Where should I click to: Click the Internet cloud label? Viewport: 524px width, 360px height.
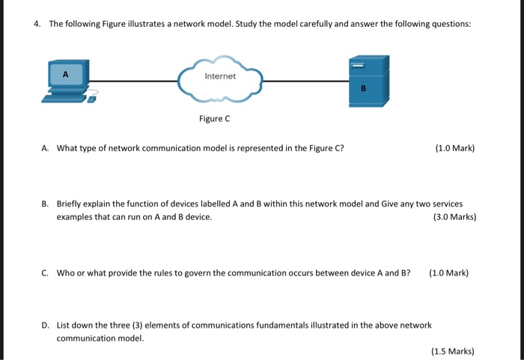coord(220,76)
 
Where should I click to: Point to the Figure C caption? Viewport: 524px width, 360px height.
coord(214,118)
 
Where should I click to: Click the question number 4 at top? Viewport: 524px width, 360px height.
coord(36,24)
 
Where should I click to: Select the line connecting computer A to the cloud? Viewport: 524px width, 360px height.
coord(135,80)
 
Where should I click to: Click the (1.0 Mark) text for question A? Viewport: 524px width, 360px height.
coord(454,148)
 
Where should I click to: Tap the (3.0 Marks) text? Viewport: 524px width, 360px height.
coord(454,217)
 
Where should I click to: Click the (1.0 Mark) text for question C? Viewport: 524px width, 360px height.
coord(448,272)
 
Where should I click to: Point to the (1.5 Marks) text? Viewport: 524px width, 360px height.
coord(453,350)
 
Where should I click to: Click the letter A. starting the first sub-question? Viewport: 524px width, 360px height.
coord(46,148)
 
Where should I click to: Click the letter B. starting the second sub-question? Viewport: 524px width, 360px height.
coord(46,204)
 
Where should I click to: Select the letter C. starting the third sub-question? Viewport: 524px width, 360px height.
coord(46,272)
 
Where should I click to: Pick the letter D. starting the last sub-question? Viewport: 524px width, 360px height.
coord(46,325)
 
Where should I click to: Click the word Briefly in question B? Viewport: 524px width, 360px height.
coord(70,204)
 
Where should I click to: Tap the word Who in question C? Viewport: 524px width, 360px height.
coord(66,272)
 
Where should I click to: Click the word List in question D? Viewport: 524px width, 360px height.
coord(63,325)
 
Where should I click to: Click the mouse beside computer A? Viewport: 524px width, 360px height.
coord(92,98)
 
